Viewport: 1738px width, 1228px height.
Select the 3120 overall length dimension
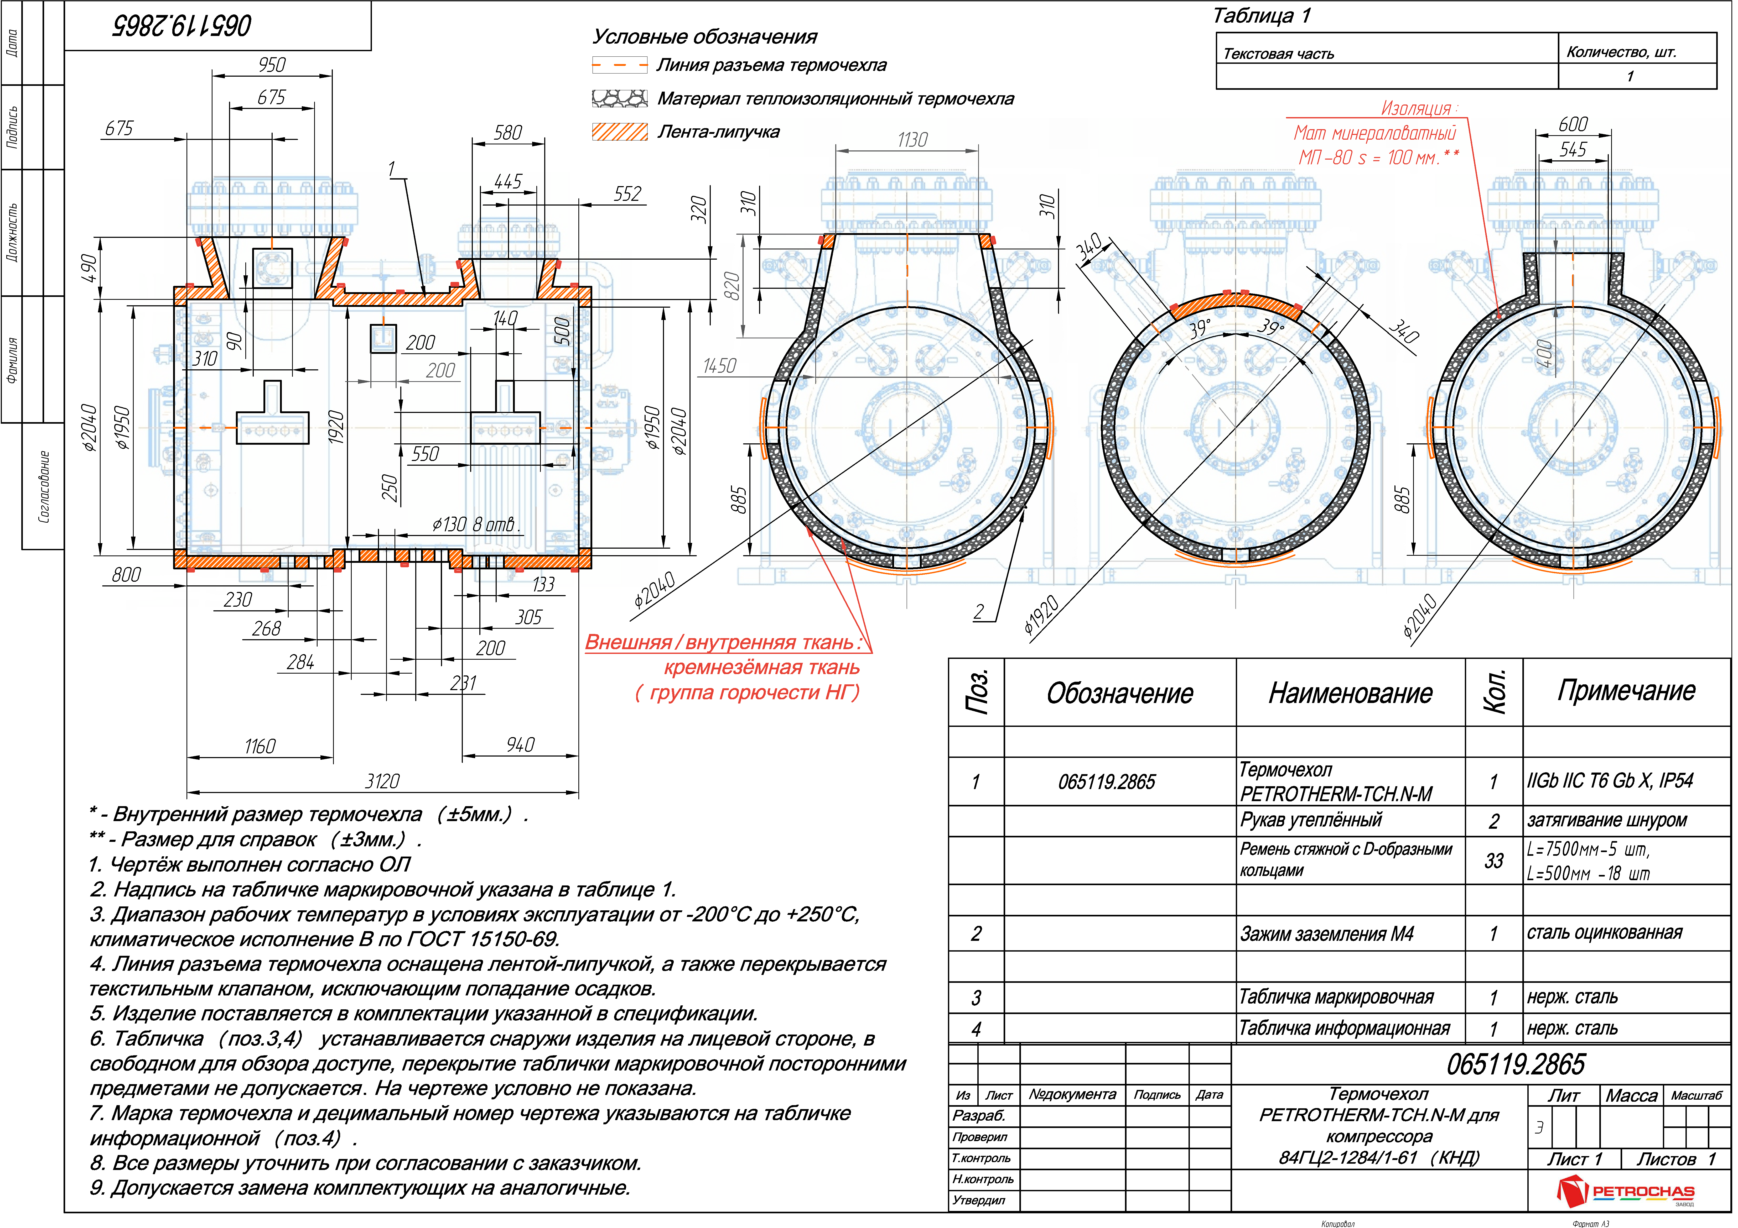point(382,781)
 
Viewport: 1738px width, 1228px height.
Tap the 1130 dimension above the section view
point(912,140)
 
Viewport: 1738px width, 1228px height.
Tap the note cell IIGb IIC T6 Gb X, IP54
point(1610,781)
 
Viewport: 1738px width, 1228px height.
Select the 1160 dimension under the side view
point(260,747)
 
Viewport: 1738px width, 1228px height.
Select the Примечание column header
point(1626,691)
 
